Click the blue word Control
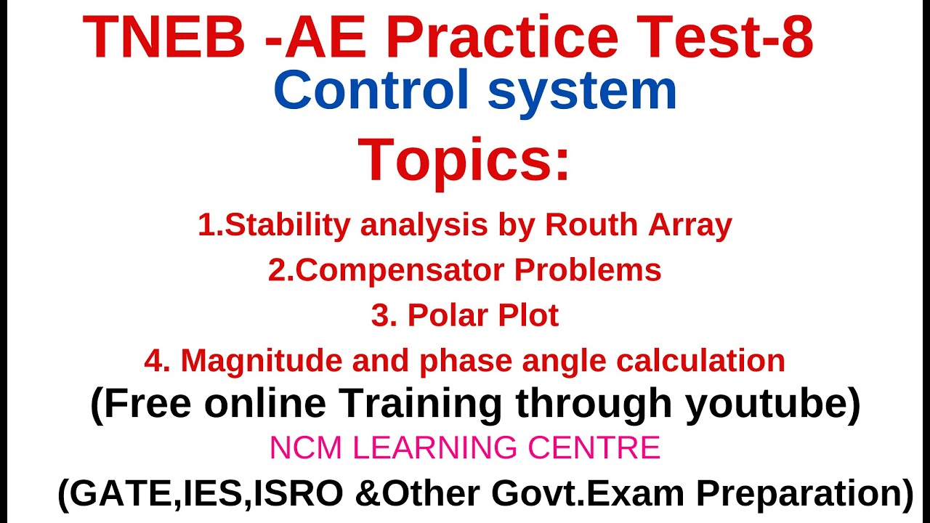[372, 91]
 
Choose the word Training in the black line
[419, 405]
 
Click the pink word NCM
[299, 448]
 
